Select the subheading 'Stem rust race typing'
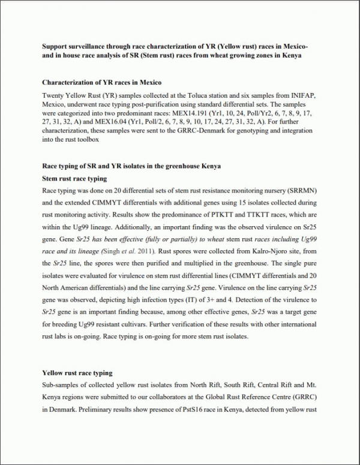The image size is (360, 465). [74, 178]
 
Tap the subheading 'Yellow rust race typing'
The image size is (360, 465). [77, 373]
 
